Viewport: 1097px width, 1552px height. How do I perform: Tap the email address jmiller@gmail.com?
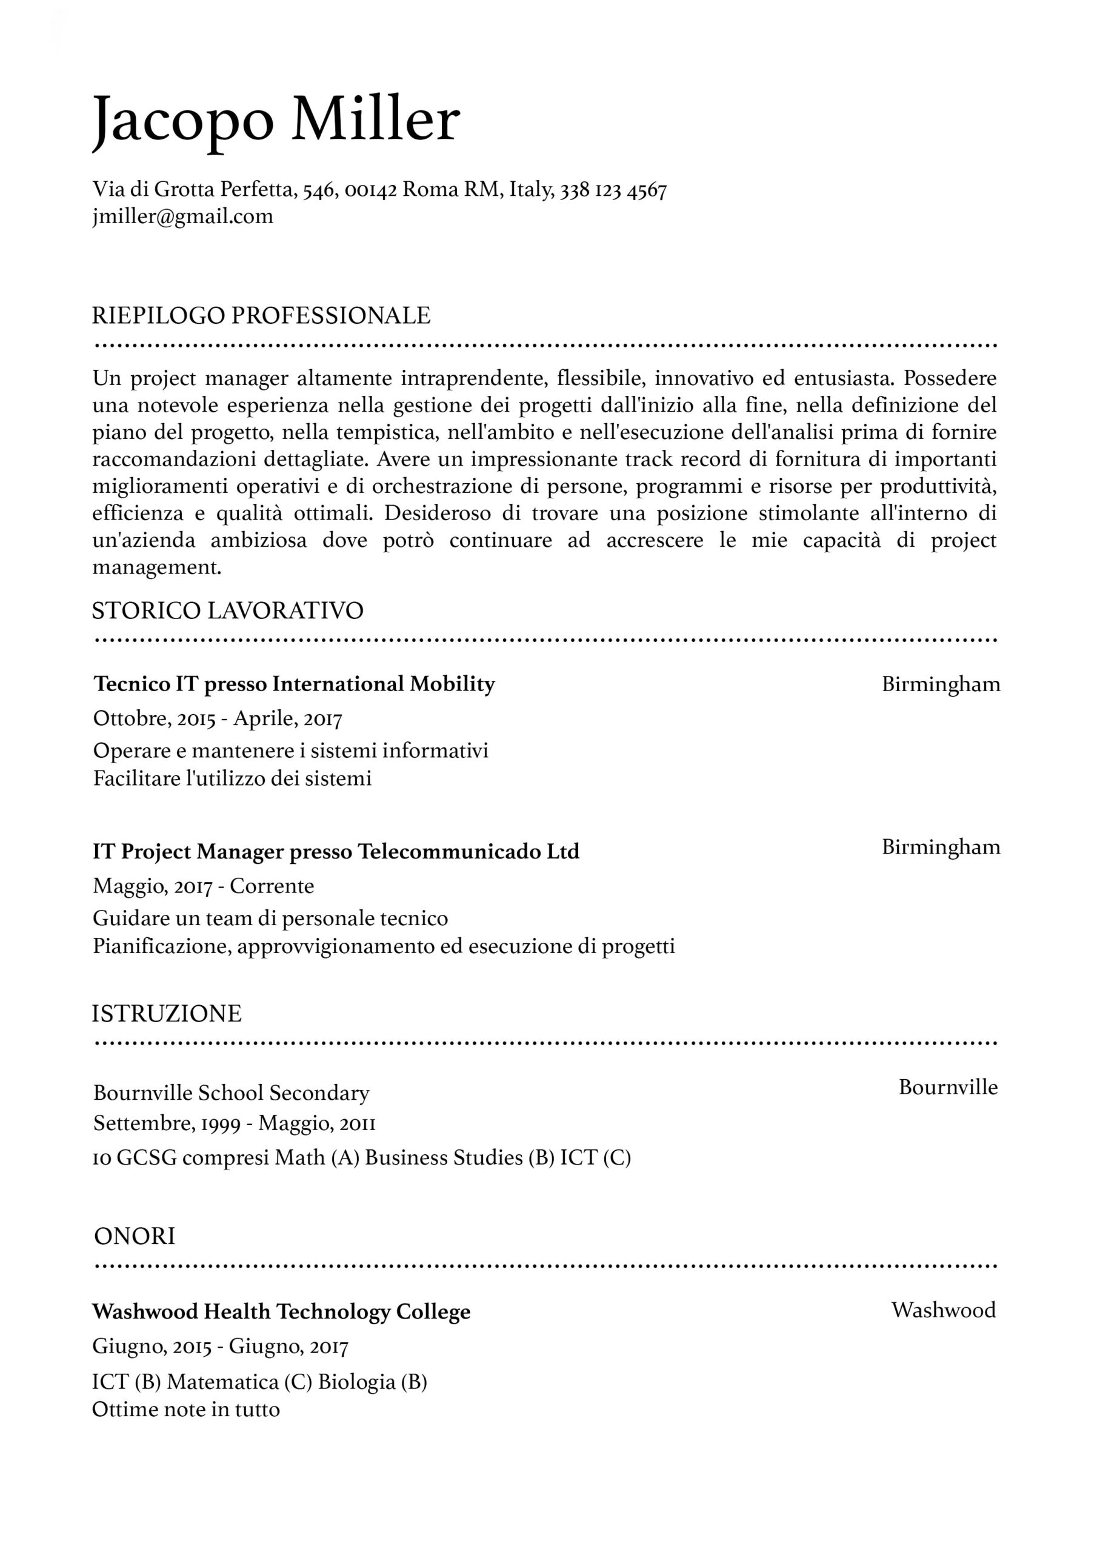pyautogui.click(x=182, y=216)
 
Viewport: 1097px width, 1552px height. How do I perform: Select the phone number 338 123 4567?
pyautogui.click(x=614, y=190)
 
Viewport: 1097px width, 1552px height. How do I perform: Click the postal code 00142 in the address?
pyautogui.click(x=370, y=190)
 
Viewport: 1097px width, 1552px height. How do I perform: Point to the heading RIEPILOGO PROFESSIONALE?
pyautogui.click(x=261, y=316)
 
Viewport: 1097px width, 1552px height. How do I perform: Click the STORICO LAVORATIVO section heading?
pyautogui.click(x=228, y=610)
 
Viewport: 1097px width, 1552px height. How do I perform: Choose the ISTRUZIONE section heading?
pyautogui.click(x=167, y=1013)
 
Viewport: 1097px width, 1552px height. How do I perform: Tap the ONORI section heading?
pyautogui.click(x=135, y=1236)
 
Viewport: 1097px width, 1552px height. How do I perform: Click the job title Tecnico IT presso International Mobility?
pyautogui.click(x=294, y=684)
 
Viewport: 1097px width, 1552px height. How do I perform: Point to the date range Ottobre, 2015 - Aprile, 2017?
pyautogui.click(x=218, y=718)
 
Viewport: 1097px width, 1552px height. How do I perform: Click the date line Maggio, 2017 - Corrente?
pyautogui.click(x=204, y=886)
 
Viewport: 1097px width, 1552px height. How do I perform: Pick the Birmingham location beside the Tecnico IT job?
pyautogui.click(x=941, y=684)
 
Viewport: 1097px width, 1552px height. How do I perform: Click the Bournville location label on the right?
pyautogui.click(x=948, y=1087)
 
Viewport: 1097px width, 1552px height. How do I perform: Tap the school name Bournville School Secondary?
pyautogui.click(x=231, y=1093)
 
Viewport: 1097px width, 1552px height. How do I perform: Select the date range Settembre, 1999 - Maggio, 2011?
pyautogui.click(x=234, y=1123)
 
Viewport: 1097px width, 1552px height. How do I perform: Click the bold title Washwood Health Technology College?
pyautogui.click(x=281, y=1311)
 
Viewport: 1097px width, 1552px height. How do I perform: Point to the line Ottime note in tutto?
pyautogui.click(x=186, y=1410)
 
